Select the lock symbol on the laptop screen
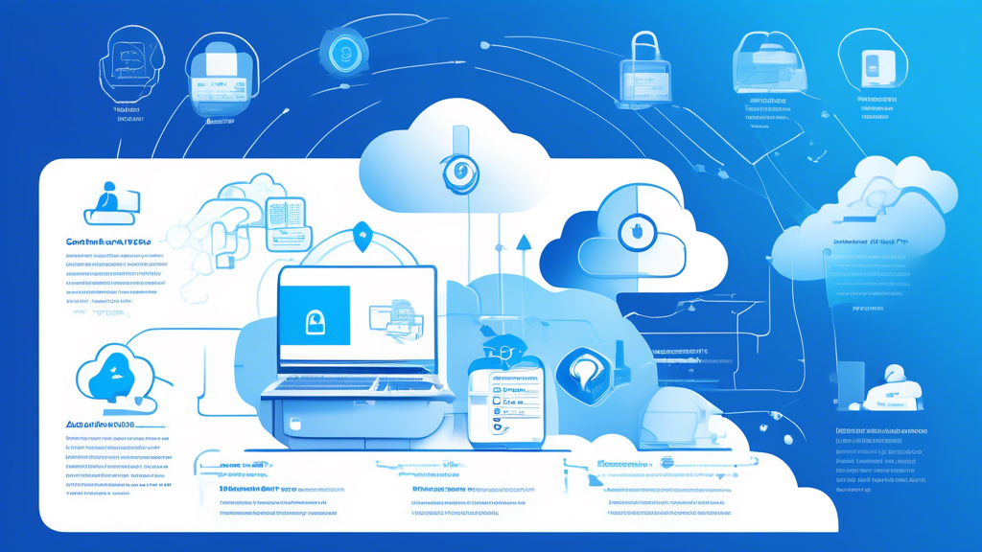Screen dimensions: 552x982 (315, 323)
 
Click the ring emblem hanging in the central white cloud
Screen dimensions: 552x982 (459, 173)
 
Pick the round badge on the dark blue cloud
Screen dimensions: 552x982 (634, 231)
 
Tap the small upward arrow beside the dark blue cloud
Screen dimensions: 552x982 (524, 245)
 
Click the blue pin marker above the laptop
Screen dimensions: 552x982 (362, 237)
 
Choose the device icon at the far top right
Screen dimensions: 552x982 (873, 64)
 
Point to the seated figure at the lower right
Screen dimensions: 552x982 (892, 388)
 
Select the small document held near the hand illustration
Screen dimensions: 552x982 (286, 223)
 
